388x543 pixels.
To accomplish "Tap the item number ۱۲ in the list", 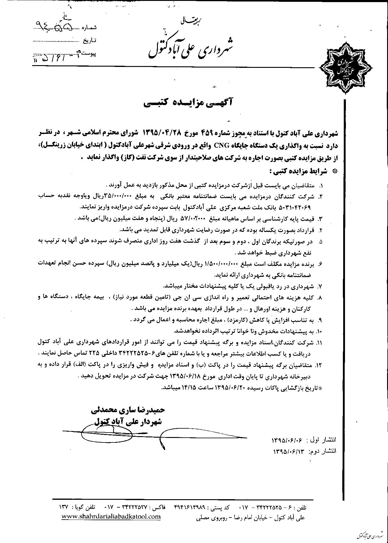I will (320, 365).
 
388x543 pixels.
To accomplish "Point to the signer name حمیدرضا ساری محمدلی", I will (128, 410).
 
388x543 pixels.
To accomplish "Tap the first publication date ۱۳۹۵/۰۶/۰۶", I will (288, 440).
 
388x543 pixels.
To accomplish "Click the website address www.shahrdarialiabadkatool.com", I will (111, 517).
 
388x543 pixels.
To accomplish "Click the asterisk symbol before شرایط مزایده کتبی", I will (334, 171).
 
